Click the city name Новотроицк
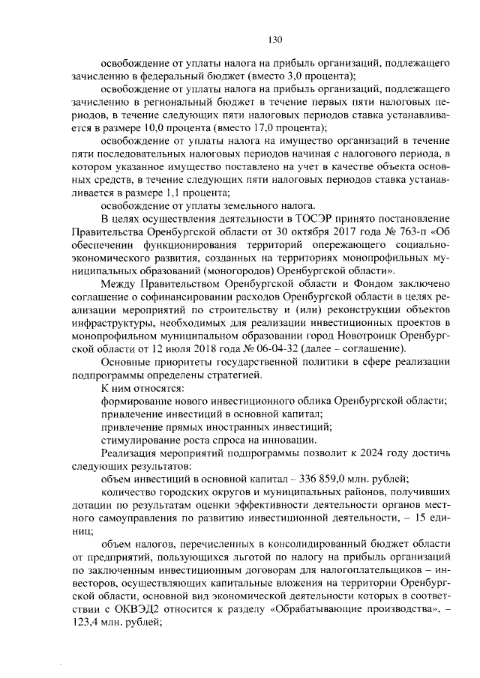(343, 336)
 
